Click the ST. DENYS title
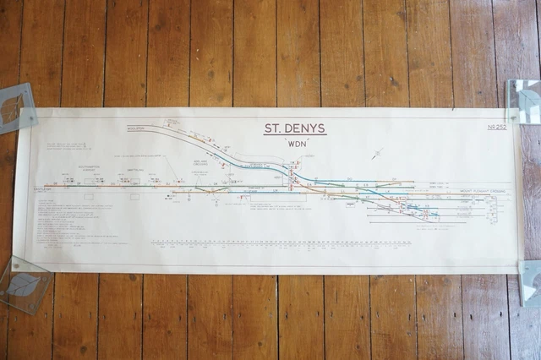[294, 129]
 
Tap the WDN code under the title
[296, 145]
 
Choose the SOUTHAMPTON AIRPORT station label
[89, 168]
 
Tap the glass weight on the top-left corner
[15, 108]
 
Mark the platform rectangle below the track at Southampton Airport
[89, 196]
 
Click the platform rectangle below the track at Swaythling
[134, 196]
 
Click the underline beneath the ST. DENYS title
[294, 136]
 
